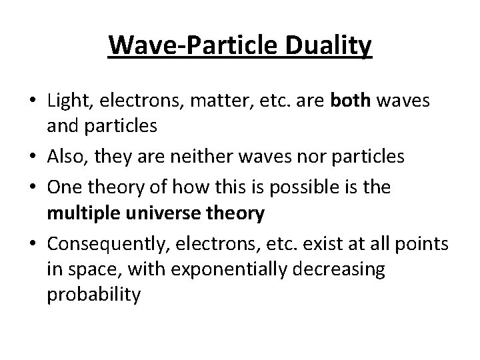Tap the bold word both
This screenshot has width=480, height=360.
(x=352, y=101)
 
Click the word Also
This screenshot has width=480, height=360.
(x=65, y=157)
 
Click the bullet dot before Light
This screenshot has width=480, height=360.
(x=31, y=102)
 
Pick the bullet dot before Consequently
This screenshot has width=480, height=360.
(x=31, y=244)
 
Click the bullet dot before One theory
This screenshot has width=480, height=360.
(x=31, y=187)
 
